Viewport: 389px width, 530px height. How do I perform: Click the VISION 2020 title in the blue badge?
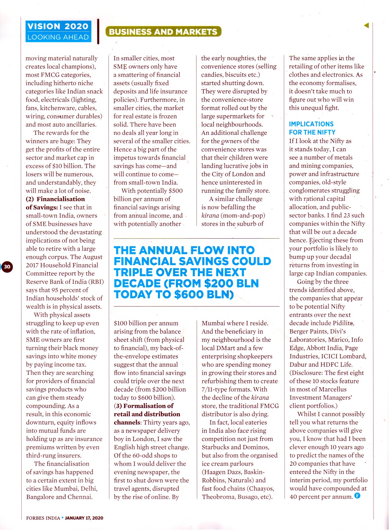coord(58,26)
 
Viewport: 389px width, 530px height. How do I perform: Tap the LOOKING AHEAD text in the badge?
coord(58,37)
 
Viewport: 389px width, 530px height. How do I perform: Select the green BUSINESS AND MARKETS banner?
coord(163,32)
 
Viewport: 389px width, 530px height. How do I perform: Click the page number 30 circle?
coord(7,266)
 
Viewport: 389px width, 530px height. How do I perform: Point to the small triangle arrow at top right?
coord(366,25)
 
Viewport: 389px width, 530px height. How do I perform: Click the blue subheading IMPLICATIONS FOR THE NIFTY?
coord(312,128)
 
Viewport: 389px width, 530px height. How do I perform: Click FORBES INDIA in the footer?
coord(43,518)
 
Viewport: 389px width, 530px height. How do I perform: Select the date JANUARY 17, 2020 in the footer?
coord(84,518)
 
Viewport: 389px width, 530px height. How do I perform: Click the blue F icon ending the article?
coord(357,495)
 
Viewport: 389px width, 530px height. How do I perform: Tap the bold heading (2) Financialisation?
coord(55,199)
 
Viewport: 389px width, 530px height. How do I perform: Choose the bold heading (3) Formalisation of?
coord(144,406)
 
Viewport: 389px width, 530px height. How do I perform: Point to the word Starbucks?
coord(216,447)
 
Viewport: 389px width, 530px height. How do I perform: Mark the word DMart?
coord(237,348)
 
